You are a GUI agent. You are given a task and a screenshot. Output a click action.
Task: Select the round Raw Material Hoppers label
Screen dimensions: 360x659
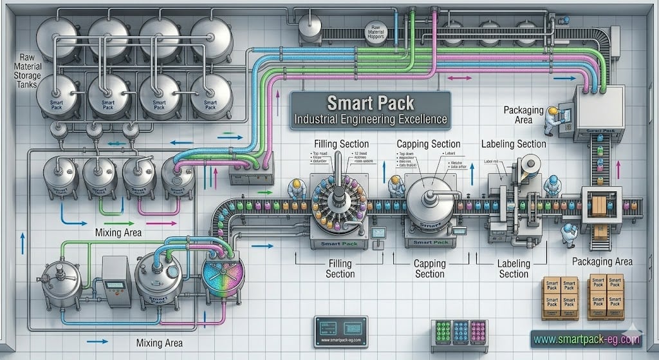pos(374,29)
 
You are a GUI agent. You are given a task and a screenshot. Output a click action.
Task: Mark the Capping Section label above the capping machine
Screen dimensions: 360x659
pos(428,144)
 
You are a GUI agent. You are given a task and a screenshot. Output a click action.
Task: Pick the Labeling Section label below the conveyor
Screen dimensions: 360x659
pos(514,269)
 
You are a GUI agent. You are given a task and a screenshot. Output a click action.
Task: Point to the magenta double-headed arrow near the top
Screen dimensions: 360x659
pos(459,78)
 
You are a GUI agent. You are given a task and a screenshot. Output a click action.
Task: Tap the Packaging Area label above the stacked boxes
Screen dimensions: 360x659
pos(602,261)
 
